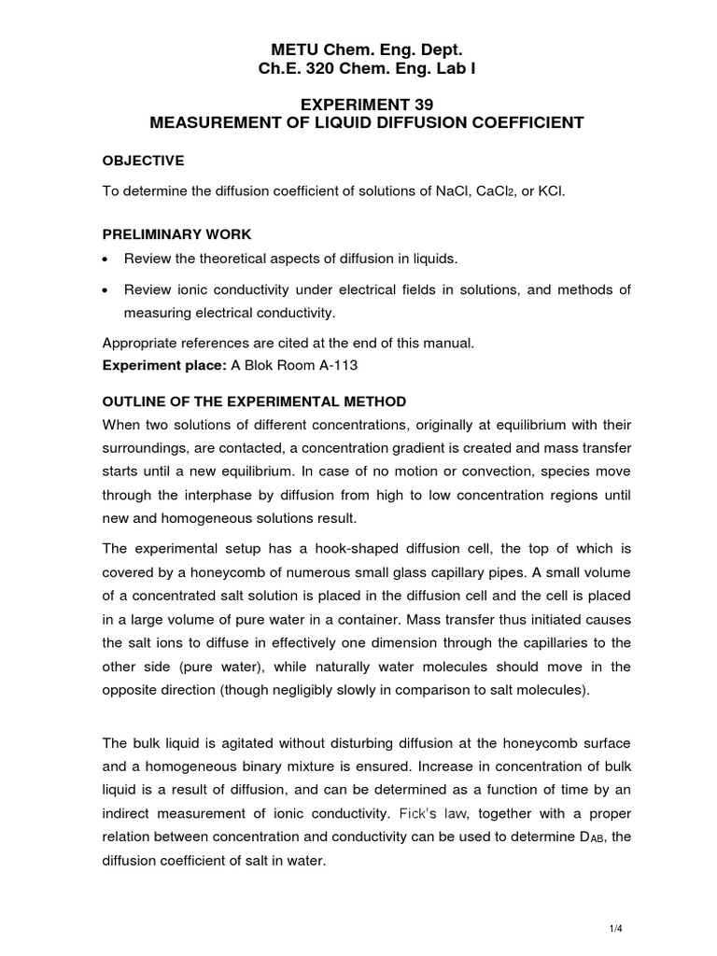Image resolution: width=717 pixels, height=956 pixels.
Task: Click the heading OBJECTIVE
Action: tap(143, 161)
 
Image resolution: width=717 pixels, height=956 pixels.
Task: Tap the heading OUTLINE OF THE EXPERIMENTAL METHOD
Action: tap(254, 401)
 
